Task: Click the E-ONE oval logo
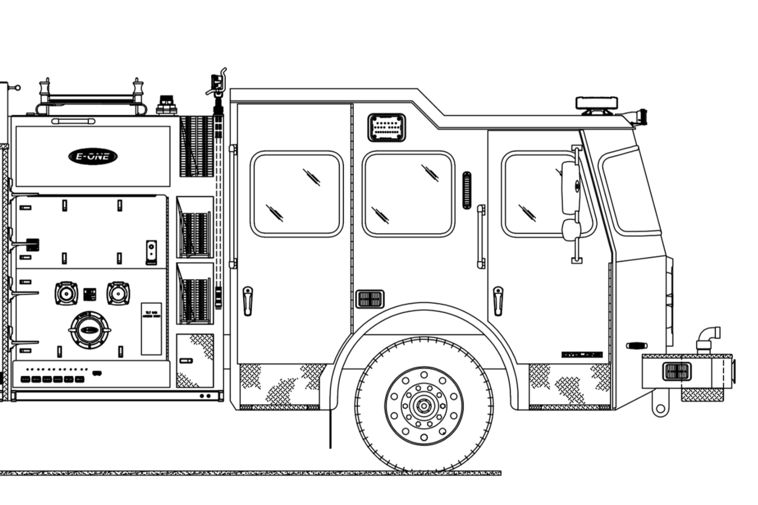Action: (93, 156)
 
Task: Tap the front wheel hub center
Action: (423, 403)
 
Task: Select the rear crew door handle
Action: (247, 300)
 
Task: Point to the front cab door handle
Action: (497, 300)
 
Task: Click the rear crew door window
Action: (296, 194)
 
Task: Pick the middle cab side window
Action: (408, 194)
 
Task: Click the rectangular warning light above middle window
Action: (387, 128)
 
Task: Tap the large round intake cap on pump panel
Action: (90, 330)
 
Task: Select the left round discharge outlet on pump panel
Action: (66, 293)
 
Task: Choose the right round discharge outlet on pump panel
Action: (118, 293)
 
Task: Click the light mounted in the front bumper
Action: (676, 371)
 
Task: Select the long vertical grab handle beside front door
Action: (481, 236)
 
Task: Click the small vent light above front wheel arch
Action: (370, 299)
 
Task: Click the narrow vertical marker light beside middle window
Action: (466, 190)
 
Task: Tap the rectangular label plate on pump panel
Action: (151, 329)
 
